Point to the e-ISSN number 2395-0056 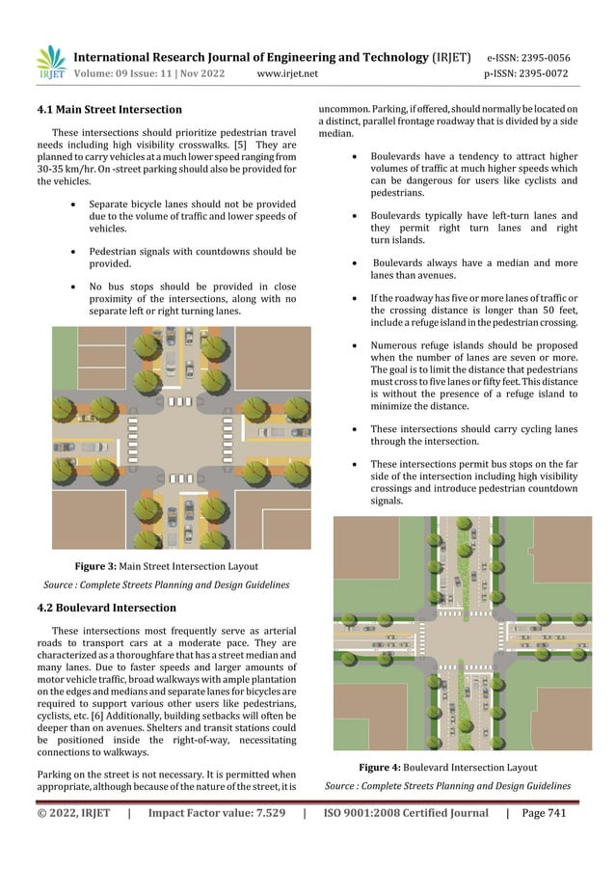pos(548,58)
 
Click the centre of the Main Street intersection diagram pos(181,438)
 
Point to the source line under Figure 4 pos(448,786)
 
